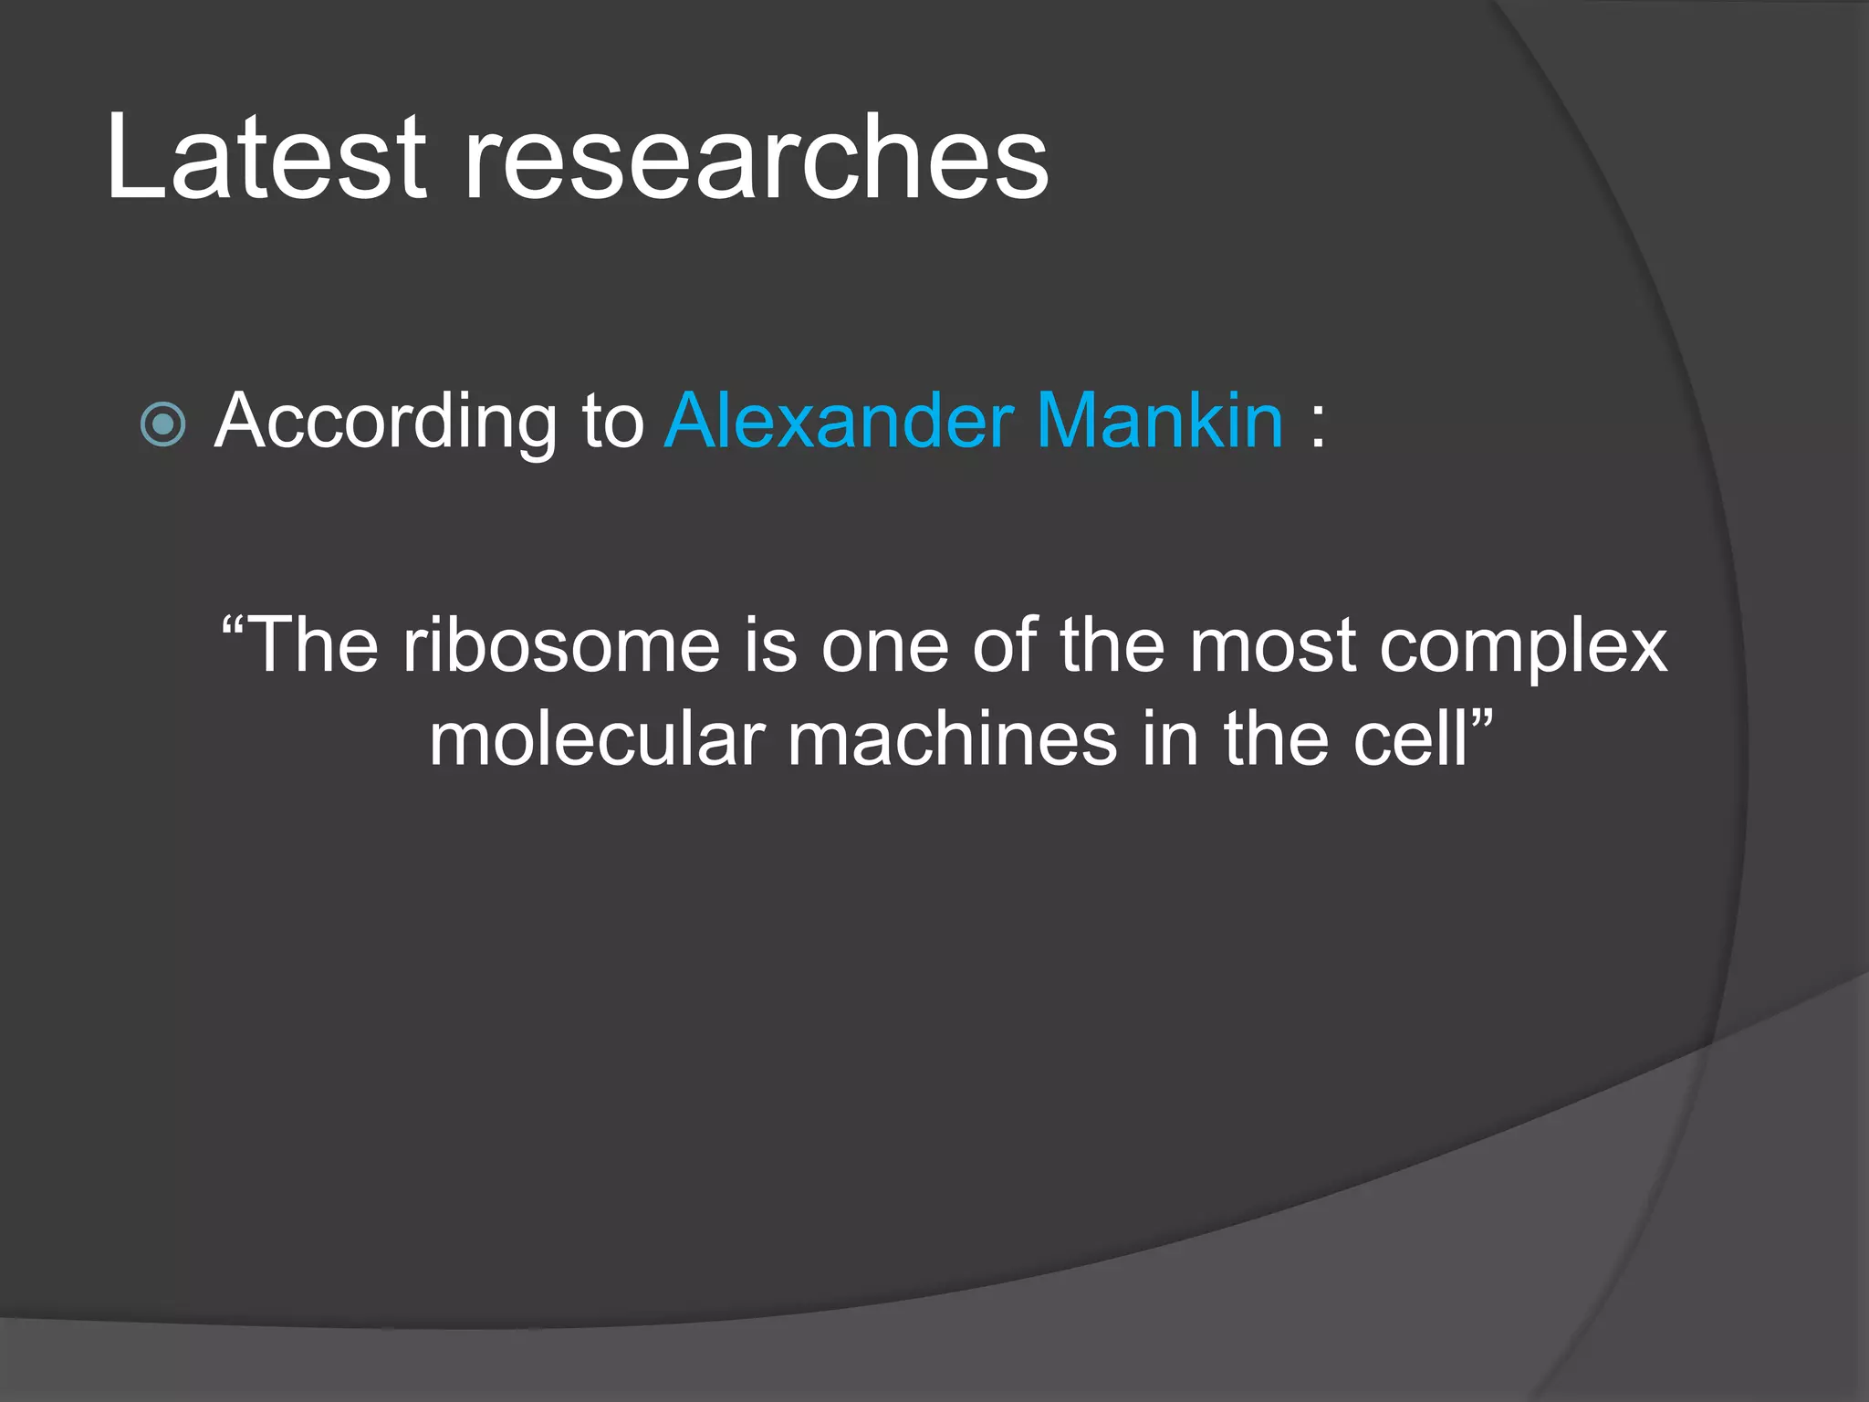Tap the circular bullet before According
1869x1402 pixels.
pos(164,424)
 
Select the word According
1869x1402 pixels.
pos(384,422)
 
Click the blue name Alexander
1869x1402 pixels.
pos(840,422)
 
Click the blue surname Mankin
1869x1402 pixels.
pos(1161,422)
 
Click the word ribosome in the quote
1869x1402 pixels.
pos(562,646)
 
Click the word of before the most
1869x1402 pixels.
pos(1005,646)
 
